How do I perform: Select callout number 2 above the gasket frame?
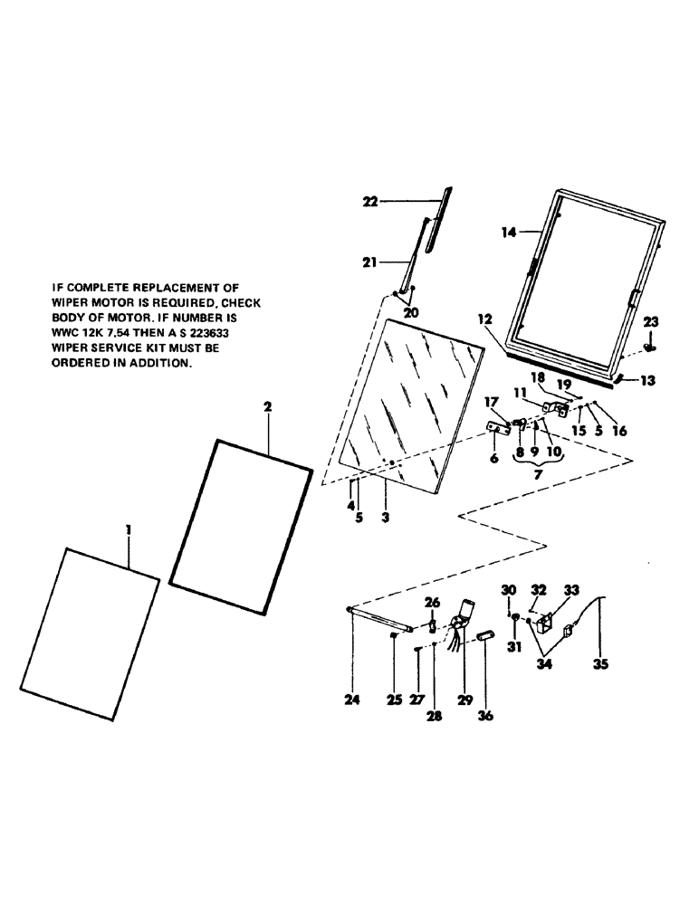(267, 408)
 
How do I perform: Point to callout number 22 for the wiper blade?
(369, 202)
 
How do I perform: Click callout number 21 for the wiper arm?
(368, 262)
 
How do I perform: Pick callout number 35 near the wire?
(600, 662)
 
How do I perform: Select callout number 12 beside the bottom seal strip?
(485, 319)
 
